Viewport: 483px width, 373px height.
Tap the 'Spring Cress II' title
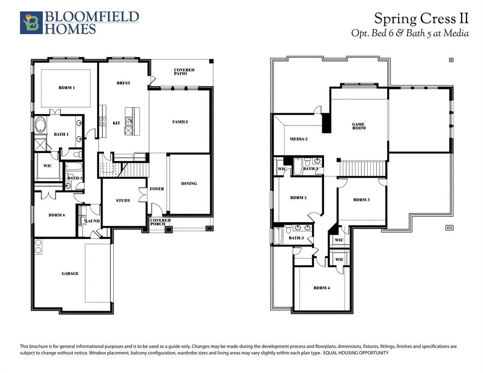421,18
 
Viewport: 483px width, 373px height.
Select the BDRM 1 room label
67,87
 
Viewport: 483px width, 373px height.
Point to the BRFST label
123,83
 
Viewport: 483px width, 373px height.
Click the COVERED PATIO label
184,72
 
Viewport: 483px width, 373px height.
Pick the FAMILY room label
180,122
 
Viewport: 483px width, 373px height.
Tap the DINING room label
189,184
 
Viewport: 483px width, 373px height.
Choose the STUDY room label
123,201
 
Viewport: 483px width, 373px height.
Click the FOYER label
156,189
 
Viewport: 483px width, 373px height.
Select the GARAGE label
70,273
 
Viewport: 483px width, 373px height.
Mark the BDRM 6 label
57,215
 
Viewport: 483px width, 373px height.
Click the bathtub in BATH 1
39,123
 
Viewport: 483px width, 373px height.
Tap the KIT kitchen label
116,123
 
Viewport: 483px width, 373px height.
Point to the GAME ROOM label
359,126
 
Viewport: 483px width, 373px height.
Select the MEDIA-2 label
299,139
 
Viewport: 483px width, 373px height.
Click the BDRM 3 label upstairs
362,200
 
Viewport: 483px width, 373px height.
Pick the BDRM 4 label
322,288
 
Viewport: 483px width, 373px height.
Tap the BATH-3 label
296,238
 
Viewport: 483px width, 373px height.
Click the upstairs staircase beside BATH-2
362,169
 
